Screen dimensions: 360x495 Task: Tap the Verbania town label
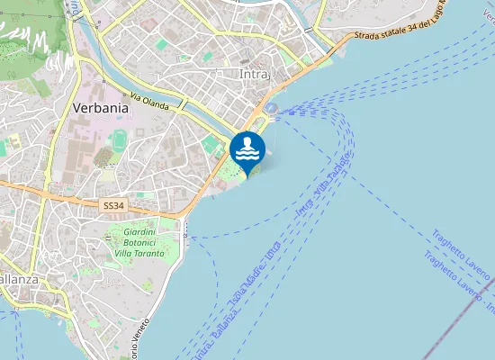coord(100,107)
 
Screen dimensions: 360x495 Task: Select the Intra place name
coord(255,74)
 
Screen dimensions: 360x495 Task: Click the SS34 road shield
coord(113,206)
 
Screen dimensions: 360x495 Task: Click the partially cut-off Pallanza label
coord(18,279)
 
